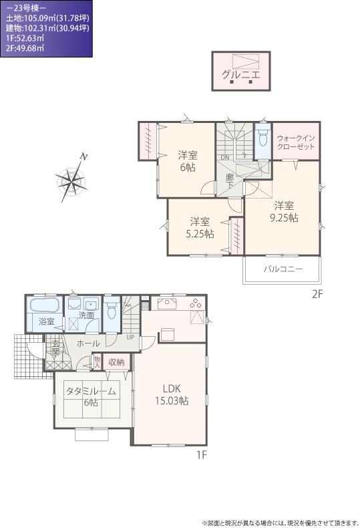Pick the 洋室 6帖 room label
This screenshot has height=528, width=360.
pyautogui.click(x=187, y=161)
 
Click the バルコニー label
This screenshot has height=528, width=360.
pyautogui.click(x=283, y=269)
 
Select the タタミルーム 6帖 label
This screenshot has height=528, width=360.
pyautogui.click(x=90, y=396)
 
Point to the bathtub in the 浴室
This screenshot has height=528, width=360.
pyautogui.click(x=45, y=307)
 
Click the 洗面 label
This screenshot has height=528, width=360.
pyautogui.click(x=87, y=315)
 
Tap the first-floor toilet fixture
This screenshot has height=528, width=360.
pyautogui.click(x=112, y=310)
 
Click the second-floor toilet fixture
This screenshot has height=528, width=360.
pyautogui.click(x=263, y=139)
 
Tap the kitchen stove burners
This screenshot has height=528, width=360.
pyautogui.click(x=196, y=304)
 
